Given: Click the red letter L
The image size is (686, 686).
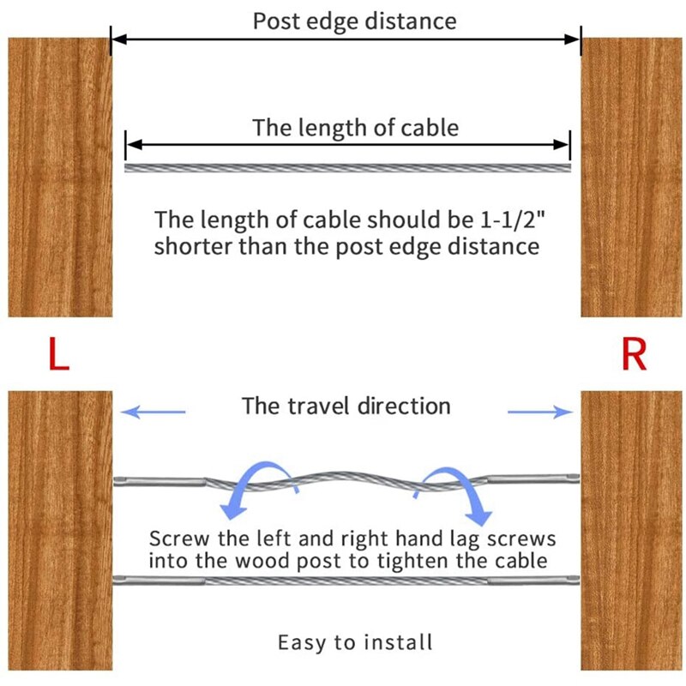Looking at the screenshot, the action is pos(58,353).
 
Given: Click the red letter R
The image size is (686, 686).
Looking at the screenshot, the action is pos(634,354).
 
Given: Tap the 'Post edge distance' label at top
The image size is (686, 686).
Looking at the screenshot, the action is pos(355,21).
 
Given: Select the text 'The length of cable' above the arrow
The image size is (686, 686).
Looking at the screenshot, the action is pos(356,128).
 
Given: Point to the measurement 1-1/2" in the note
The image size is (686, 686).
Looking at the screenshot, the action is pos(514,220).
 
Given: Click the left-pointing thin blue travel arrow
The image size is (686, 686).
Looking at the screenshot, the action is pos(153,412).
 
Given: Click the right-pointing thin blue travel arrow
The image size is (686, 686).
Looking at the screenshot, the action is pos(540,412).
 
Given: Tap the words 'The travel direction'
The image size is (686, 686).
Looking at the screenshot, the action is pos(346,406).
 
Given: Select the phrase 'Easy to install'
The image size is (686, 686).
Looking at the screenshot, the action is pos(355,642).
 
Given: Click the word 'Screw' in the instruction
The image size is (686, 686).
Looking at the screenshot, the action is pos(179,539).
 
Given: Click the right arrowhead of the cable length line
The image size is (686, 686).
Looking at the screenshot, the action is pos(562,144).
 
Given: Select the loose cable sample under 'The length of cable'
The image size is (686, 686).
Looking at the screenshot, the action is pos(348,168).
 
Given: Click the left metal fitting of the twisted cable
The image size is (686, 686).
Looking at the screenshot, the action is pos(160,482).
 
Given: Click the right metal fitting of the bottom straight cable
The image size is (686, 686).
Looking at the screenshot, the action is pos(533,581).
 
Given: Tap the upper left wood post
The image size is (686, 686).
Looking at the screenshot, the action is pos(60,178).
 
